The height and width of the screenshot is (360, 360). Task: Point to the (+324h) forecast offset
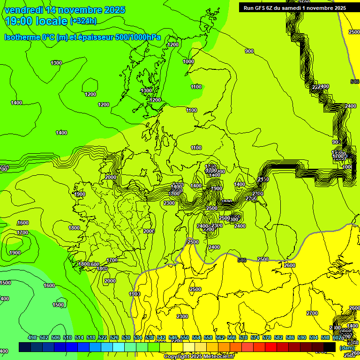tap(83, 21)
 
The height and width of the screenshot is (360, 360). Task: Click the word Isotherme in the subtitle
tap(22, 37)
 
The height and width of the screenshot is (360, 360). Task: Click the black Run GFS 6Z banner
tap(295, 7)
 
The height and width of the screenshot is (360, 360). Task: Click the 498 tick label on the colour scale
tap(32, 337)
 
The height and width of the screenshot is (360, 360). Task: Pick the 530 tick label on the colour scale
tap(126, 337)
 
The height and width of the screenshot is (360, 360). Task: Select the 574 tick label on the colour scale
tap(255, 337)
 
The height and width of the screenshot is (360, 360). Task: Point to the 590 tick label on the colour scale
tap(302, 337)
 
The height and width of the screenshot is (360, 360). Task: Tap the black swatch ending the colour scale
tap(330, 347)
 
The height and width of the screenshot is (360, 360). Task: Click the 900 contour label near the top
tap(249, 51)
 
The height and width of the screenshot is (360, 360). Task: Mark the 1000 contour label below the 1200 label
tap(188, 61)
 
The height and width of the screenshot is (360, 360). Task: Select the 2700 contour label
tap(312, 313)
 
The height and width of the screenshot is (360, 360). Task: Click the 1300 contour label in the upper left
tap(56, 63)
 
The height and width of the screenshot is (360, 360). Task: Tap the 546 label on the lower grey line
tap(242, 260)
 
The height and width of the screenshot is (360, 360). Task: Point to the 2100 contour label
tap(263, 180)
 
